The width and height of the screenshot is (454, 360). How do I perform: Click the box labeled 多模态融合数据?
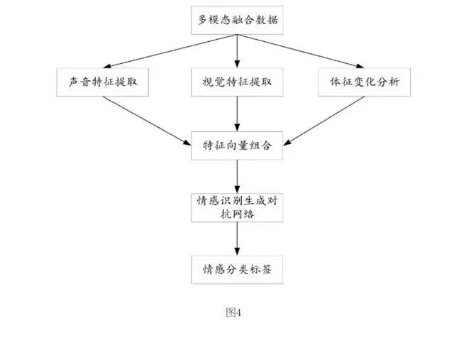[237, 20]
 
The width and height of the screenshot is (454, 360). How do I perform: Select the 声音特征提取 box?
[102, 82]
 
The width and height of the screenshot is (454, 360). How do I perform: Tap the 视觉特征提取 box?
[237, 82]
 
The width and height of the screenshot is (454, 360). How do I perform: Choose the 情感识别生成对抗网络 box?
[237, 207]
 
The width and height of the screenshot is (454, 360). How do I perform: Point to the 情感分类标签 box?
[237, 269]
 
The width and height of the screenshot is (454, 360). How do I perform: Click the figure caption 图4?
[234, 311]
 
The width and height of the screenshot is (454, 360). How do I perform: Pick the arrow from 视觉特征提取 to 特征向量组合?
[237, 114]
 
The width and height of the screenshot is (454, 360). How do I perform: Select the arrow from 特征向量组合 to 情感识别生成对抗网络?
[237, 175]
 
